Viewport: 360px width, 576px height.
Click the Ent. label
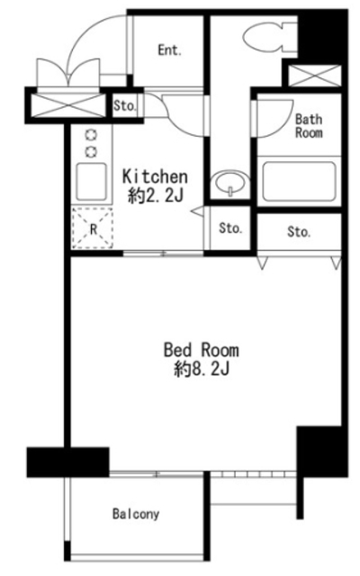pyautogui.click(x=170, y=50)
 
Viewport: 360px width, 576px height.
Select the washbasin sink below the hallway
pyautogui.click(x=230, y=182)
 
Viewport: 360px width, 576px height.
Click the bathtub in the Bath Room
pyautogui.click(x=299, y=181)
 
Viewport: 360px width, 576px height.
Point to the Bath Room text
pyautogui.click(x=309, y=126)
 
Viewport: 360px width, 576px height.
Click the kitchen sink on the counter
pyautogui.click(x=92, y=182)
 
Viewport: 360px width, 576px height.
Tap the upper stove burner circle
pyautogui.click(x=91, y=135)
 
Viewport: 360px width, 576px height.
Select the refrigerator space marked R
pyautogui.click(x=93, y=228)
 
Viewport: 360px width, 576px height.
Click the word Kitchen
pyautogui.click(x=155, y=176)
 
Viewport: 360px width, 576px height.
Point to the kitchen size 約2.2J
pyautogui.click(x=155, y=196)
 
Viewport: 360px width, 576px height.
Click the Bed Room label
pyautogui.click(x=202, y=350)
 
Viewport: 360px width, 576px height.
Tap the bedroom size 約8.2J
pyautogui.click(x=202, y=369)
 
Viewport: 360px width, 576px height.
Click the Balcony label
pyautogui.click(x=136, y=514)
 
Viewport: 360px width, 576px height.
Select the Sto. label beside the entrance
pyautogui.click(x=125, y=106)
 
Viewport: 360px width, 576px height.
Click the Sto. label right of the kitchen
pyautogui.click(x=230, y=228)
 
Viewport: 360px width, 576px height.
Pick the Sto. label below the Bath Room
pyautogui.click(x=299, y=232)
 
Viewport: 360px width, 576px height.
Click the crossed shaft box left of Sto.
pyautogui.click(x=67, y=105)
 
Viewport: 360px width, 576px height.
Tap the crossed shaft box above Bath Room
pyautogui.click(x=315, y=76)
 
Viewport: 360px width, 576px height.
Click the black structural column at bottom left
pyautogui.click(x=68, y=462)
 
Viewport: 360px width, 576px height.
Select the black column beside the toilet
pyautogui.click(x=322, y=37)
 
